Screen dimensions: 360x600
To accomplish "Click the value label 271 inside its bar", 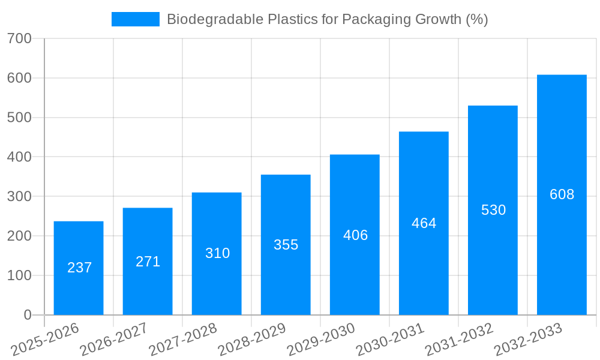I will [x=148, y=262].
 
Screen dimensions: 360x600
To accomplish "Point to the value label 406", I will [x=355, y=235].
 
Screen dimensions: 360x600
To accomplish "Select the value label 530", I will [x=493, y=210].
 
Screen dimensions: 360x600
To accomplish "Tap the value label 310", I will [x=217, y=253].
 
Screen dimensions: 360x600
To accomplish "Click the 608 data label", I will [x=562, y=194].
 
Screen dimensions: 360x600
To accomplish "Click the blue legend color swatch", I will [x=136, y=19].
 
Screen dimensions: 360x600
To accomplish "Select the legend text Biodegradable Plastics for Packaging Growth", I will [x=327, y=19].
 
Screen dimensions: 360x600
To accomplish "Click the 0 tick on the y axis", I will [x=27, y=315].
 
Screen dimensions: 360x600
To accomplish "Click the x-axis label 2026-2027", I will [x=114, y=339].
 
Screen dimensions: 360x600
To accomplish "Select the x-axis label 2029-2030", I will [x=321, y=339].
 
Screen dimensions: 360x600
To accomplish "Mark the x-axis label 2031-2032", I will [x=459, y=339].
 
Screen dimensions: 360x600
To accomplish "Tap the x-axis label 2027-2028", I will [x=183, y=339].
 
